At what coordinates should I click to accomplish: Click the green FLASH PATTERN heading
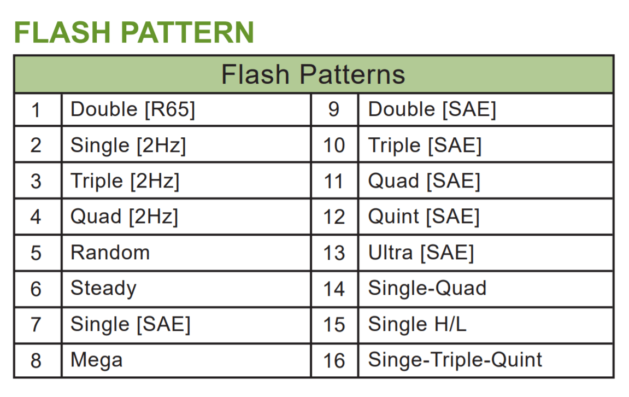[134, 32]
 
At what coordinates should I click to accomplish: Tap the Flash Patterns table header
[313, 74]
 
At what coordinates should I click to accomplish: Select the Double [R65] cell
[133, 109]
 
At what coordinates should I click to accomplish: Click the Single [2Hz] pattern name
[128, 145]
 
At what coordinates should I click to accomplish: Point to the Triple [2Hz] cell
[125, 181]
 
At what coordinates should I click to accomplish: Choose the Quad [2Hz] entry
[125, 217]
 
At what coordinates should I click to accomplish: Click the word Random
[110, 253]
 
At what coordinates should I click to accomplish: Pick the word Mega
[97, 360]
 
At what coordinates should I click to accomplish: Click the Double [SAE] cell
[432, 109]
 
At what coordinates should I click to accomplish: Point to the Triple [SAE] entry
[425, 145]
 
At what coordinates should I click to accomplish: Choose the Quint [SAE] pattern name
[424, 217]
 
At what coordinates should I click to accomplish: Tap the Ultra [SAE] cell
[421, 253]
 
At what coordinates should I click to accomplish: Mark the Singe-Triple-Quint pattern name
[455, 360]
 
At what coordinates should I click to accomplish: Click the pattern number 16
[334, 360]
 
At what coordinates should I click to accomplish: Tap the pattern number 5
[36, 253]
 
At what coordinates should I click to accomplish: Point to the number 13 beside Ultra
[334, 253]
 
